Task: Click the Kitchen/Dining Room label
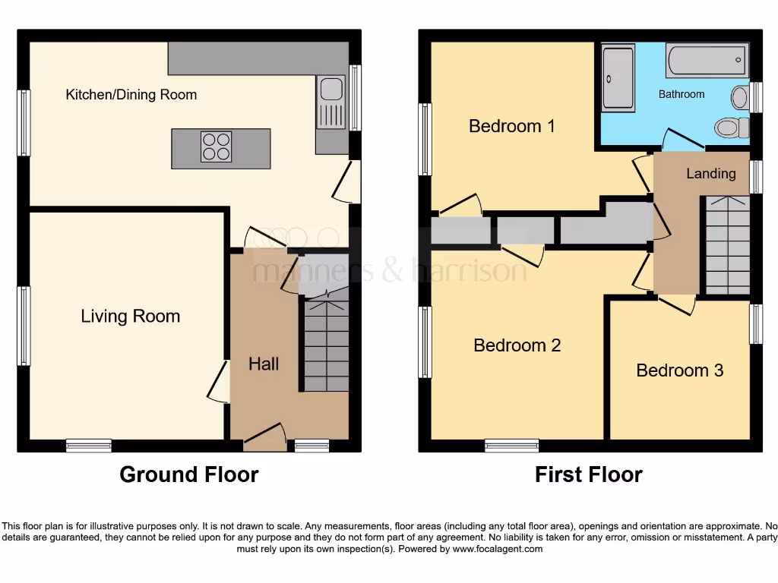click(x=131, y=95)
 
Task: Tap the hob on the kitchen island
click(x=216, y=147)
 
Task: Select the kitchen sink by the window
click(x=331, y=102)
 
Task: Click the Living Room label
click(x=131, y=317)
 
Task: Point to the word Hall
click(x=264, y=364)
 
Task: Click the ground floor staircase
click(x=326, y=345)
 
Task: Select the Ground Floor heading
click(x=189, y=475)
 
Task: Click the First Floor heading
click(x=589, y=475)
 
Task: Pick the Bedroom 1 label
click(x=512, y=126)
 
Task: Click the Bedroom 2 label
click(x=517, y=346)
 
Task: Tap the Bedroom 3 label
click(x=680, y=370)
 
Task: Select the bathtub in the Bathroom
click(x=707, y=61)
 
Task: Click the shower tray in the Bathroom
click(x=618, y=78)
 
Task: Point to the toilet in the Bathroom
click(x=732, y=127)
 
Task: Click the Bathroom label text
click(x=682, y=94)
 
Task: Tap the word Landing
click(x=711, y=174)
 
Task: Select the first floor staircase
click(x=727, y=244)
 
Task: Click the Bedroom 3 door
click(x=676, y=305)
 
